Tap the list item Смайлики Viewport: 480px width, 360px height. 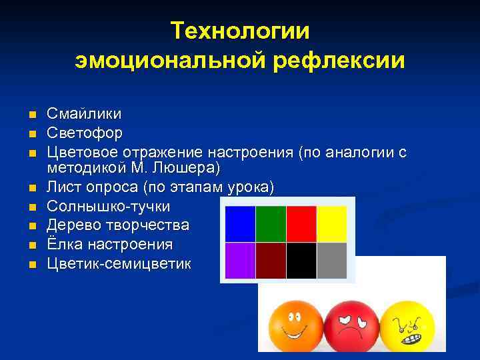(x=83, y=115)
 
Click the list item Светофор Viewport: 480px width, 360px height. (x=85, y=133)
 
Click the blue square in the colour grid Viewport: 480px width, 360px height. (x=240, y=223)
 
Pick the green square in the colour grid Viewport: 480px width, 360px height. (x=270, y=223)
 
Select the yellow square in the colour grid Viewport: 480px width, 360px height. (x=331, y=223)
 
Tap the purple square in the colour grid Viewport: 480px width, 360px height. (x=240, y=260)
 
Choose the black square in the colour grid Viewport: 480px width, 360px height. (x=301, y=260)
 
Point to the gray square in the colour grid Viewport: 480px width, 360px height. (x=331, y=260)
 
